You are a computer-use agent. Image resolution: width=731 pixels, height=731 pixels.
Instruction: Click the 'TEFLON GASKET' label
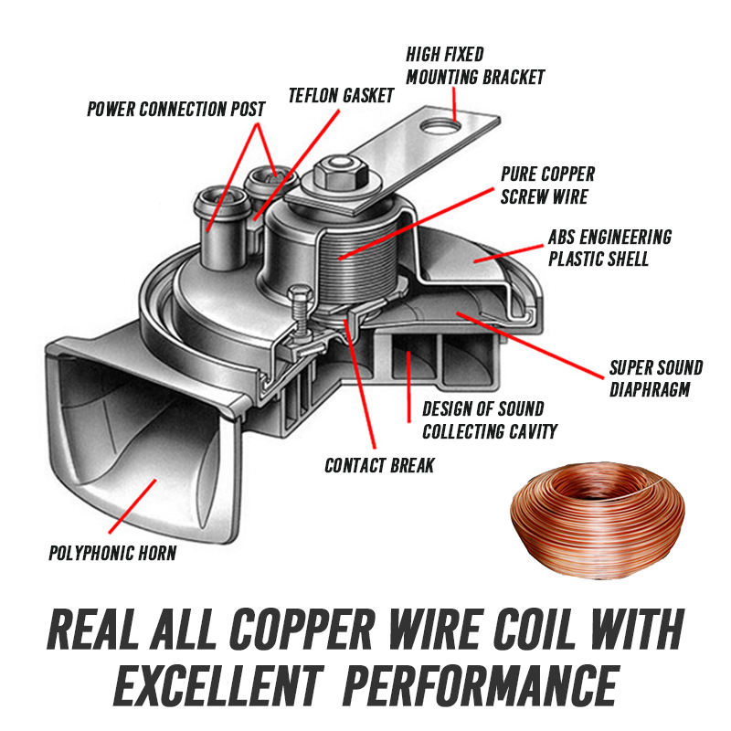341,95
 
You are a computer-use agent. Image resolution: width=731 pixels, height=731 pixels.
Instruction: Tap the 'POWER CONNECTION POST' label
176,110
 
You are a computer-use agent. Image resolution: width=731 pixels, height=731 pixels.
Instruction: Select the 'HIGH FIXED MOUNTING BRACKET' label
475,66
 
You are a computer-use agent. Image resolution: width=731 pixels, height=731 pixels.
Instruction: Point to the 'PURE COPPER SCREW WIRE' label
547,185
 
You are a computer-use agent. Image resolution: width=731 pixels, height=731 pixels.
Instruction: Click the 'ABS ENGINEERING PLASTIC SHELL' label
609,248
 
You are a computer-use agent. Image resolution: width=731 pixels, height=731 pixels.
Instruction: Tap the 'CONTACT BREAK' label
379,466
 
